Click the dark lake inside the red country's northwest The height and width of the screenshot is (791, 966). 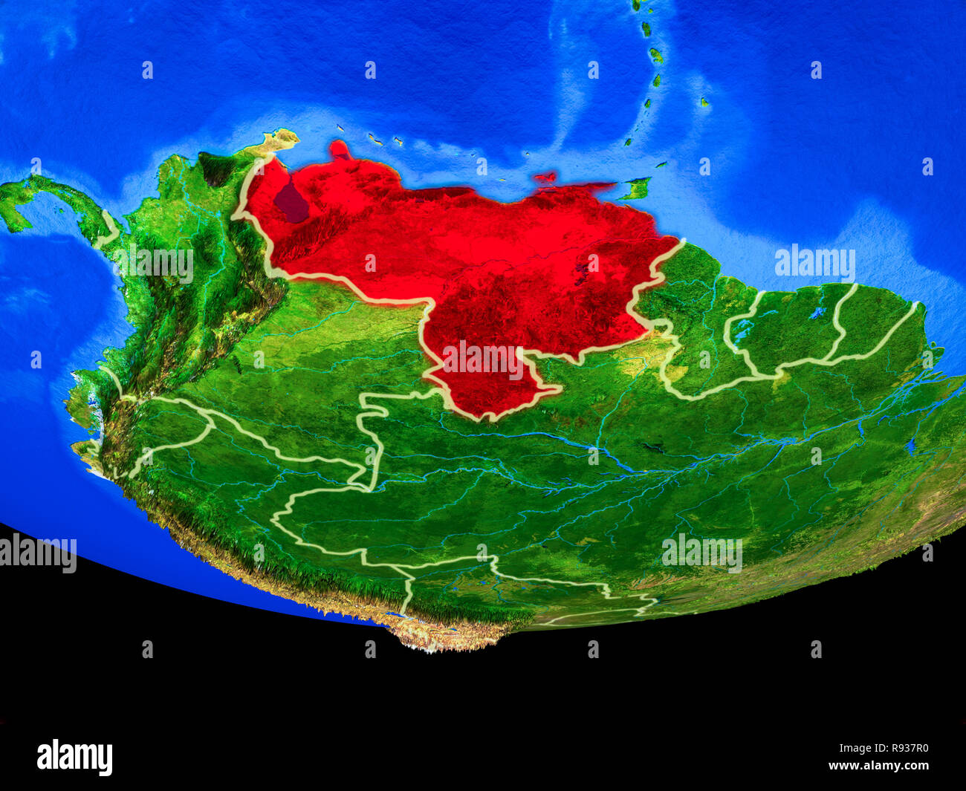(x=291, y=202)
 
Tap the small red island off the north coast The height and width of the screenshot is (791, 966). (x=545, y=178)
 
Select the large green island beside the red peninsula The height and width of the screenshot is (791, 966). (x=635, y=189)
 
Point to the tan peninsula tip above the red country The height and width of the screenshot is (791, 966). (x=281, y=138)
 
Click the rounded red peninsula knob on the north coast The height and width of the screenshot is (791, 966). (x=340, y=149)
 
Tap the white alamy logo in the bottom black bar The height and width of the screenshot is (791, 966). (x=74, y=757)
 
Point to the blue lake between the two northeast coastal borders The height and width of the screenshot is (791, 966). (x=817, y=313)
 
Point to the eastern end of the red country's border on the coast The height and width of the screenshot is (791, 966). (x=679, y=241)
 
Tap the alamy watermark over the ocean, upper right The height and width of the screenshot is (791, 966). (x=814, y=263)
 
